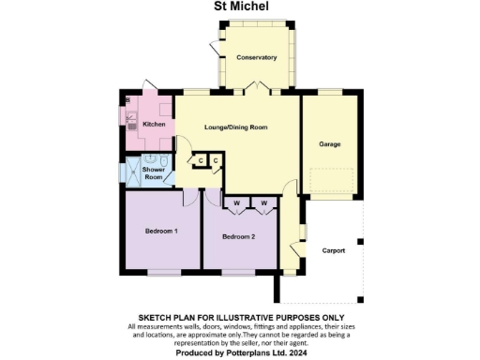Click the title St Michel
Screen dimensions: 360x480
(x=239, y=7)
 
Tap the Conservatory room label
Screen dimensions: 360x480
(x=256, y=58)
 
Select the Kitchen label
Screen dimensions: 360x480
(x=154, y=124)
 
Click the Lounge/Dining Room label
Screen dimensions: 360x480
(x=236, y=127)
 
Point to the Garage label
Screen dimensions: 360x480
(x=329, y=144)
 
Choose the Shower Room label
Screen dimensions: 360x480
(x=154, y=173)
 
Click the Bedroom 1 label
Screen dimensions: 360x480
(x=160, y=231)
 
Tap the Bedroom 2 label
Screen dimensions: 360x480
(x=238, y=237)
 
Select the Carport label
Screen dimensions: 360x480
(x=333, y=250)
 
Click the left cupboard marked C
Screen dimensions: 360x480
(x=200, y=161)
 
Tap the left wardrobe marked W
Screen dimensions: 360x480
(x=236, y=202)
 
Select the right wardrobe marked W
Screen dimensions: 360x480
(x=263, y=202)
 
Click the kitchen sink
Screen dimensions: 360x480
(x=132, y=119)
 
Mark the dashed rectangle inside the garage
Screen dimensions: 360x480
(x=329, y=181)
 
